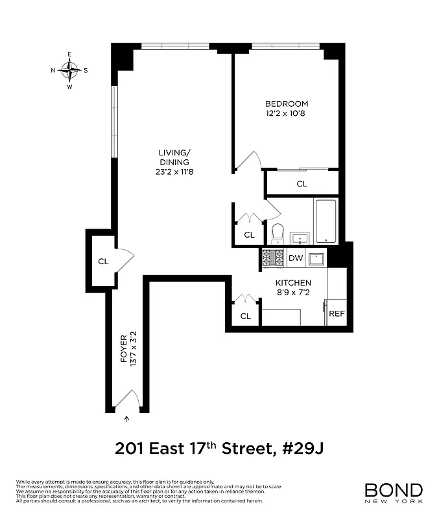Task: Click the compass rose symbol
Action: tap(69, 70)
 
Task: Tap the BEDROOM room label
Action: tap(286, 104)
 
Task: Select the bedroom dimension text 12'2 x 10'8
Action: tap(286, 114)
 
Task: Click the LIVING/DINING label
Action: tap(173, 157)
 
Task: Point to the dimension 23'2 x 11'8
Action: tap(173, 173)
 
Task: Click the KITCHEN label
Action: tap(293, 283)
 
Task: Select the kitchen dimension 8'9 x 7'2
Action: tap(293, 293)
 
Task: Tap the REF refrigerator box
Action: tap(337, 313)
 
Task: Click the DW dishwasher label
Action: tap(296, 258)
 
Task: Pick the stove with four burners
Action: tap(273, 258)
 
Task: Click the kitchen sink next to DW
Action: tap(316, 259)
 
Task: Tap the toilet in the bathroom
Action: tap(278, 232)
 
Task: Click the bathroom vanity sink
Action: tap(300, 238)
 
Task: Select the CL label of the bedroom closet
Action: tap(302, 184)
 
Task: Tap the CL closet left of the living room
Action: tap(102, 262)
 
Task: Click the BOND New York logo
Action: tap(393, 494)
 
